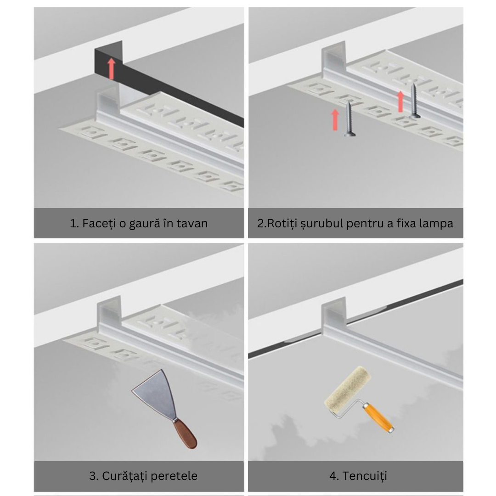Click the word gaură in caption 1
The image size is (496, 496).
tap(137, 224)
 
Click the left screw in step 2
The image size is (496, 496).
tap(349, 118)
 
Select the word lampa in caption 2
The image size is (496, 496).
tap(436, 224)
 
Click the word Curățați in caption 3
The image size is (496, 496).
tap(123, 476)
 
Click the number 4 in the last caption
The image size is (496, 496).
tap(333, 476)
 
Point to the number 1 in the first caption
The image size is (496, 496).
tap(73, 224)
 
